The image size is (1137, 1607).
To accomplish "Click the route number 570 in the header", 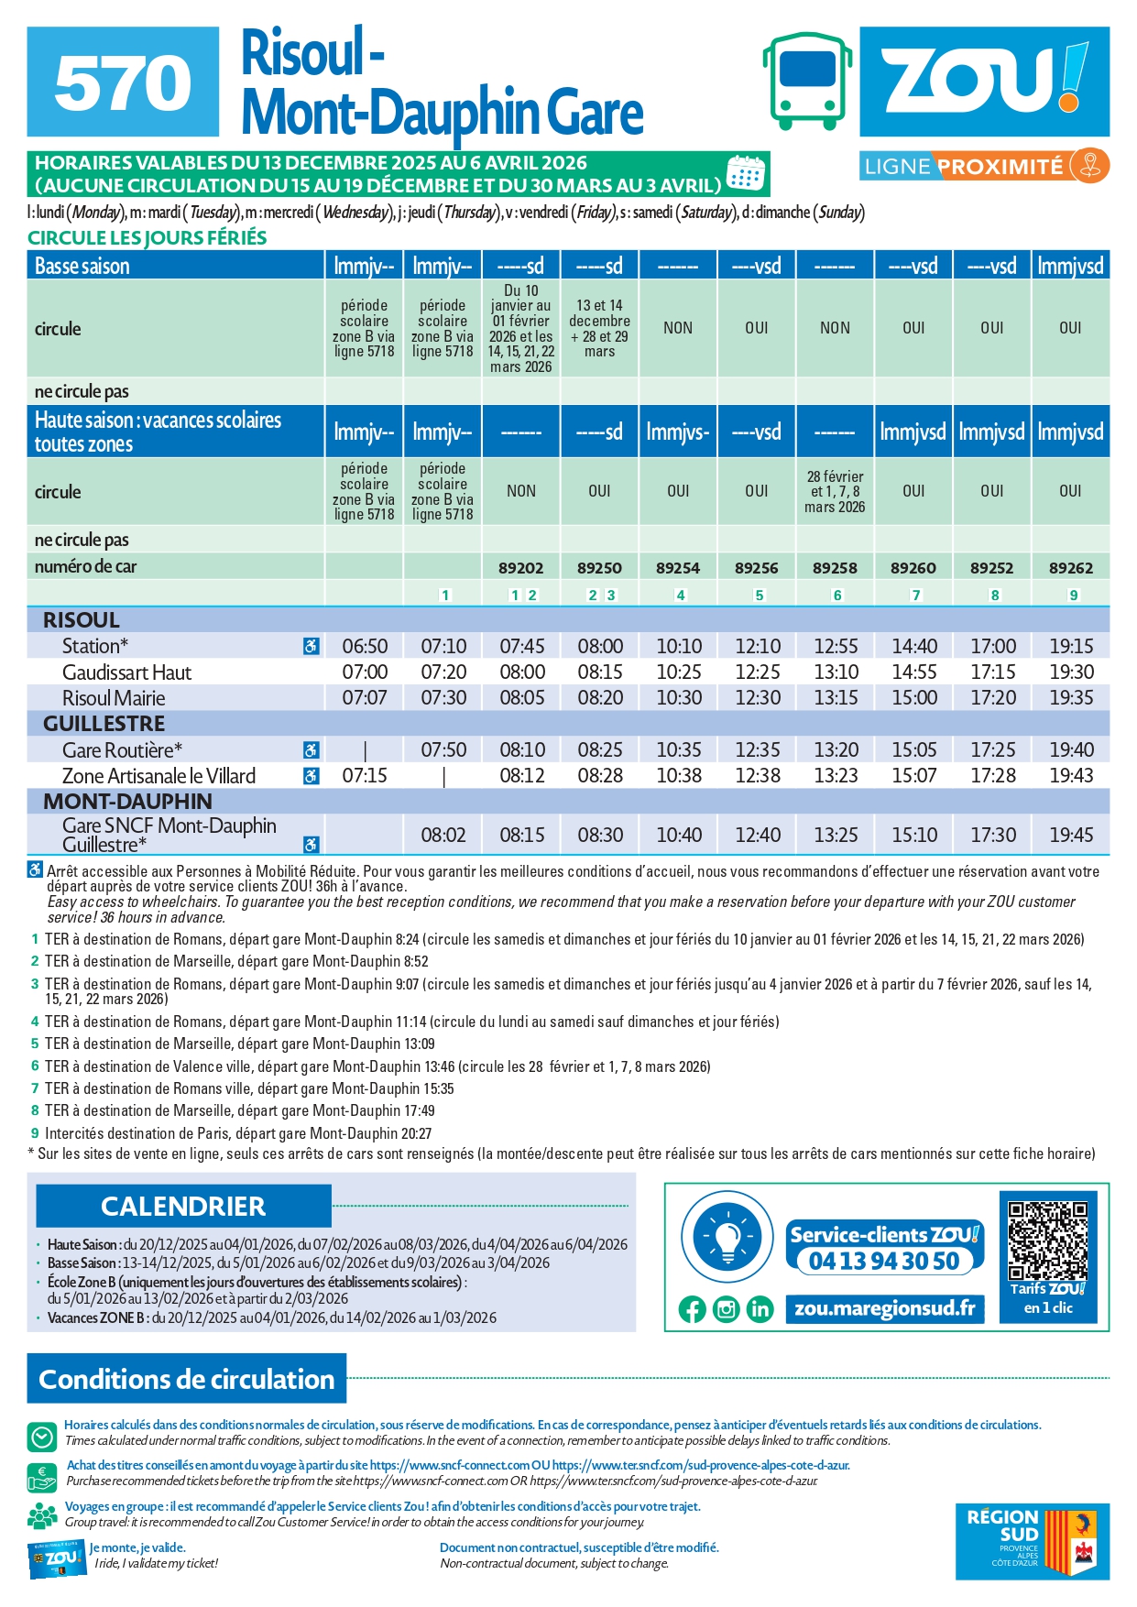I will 123,82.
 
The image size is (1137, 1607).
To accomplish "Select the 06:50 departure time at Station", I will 365,646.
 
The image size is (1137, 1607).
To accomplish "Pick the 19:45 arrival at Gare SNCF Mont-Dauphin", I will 1071,835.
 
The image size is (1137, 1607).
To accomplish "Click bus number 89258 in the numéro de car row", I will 835,568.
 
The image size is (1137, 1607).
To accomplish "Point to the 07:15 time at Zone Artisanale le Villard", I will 365,776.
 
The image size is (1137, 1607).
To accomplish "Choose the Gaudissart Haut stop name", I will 126,672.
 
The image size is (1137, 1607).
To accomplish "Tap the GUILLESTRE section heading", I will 104,724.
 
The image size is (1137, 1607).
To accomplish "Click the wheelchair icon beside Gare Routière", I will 312,750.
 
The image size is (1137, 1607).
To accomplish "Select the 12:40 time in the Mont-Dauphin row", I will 758,835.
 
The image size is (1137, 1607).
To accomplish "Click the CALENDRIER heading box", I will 183,1206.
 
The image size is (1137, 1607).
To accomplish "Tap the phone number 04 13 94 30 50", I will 884,1261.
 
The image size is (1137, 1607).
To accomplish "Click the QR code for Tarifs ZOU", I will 1047,1241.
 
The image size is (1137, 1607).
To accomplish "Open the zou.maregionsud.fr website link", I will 884,1308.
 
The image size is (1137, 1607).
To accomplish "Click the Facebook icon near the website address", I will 693,1309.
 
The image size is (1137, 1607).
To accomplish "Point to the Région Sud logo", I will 1032,1541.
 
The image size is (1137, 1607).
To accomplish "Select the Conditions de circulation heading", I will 187,1379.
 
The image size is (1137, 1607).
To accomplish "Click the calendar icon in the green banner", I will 745,173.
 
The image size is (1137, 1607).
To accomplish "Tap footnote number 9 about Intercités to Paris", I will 35,1133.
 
